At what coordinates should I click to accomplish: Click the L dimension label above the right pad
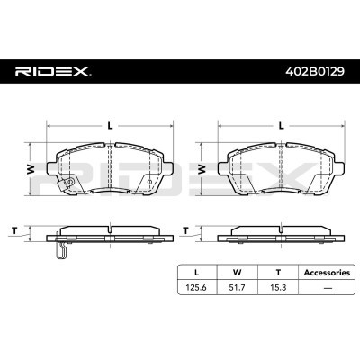(282, 125)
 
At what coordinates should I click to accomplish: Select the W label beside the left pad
(29, 168)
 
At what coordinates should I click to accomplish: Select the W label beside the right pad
(200, 168)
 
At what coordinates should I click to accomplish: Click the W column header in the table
(237, 269)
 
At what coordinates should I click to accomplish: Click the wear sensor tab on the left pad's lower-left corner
(59, 187)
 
